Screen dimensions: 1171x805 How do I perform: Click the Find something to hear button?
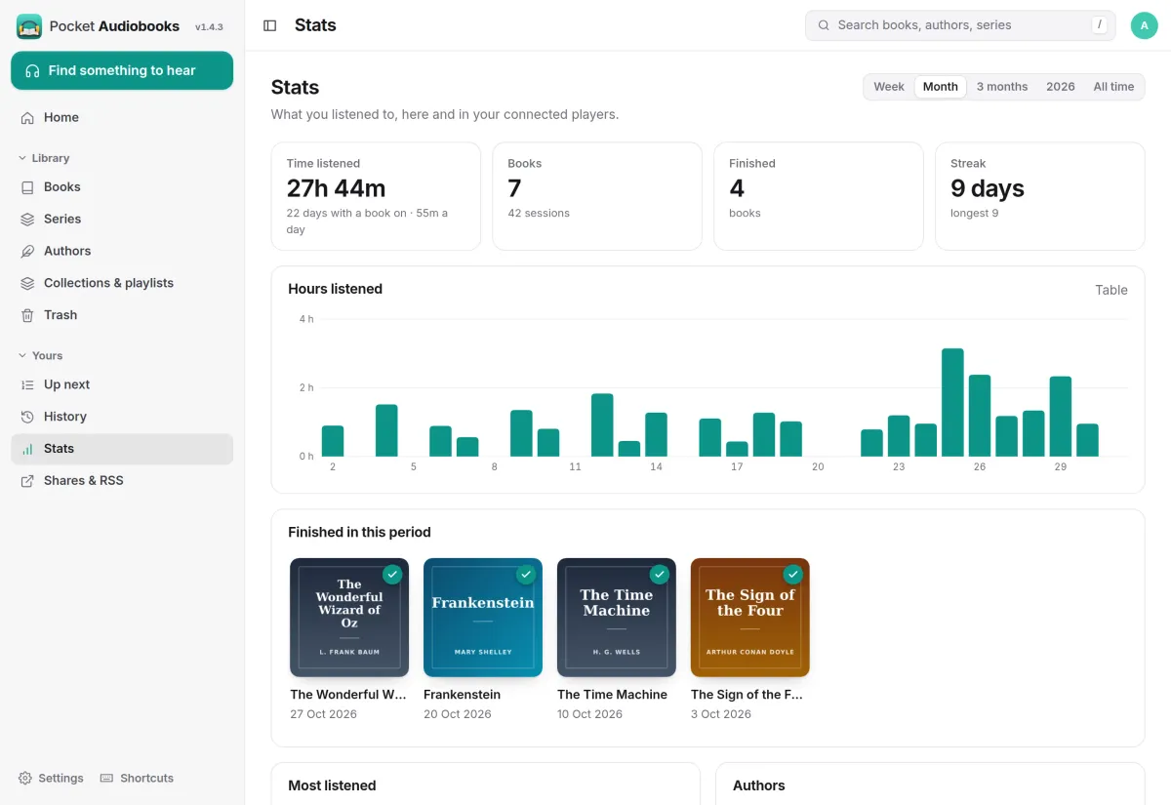(x=122, y=70)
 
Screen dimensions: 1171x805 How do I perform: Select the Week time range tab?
(x=889, y=87)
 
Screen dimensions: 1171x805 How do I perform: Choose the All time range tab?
(x=1113, y=87)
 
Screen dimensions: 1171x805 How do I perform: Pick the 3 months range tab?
(x=1001, y=87)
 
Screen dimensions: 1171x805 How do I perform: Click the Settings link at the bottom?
(x=51, y=778)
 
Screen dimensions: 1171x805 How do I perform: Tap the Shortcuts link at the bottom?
(x=137, y=778)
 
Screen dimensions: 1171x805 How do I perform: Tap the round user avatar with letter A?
(x=1144, y=25)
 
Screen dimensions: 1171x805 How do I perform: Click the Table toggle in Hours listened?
(x=1110, y=290)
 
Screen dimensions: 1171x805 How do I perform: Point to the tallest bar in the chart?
(x=952, y=402)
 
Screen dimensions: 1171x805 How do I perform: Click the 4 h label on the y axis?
(x=306, y=319)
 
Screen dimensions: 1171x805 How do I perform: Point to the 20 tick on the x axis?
(x=818, y=466)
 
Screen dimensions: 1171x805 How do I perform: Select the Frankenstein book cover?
(x=482, y=618)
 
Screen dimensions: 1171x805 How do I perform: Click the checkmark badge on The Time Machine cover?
(x=660, y=574)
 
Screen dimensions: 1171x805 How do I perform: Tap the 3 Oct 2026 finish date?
(x=721, y=714)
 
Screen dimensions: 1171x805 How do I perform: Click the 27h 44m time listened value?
(x=336, y=188)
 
